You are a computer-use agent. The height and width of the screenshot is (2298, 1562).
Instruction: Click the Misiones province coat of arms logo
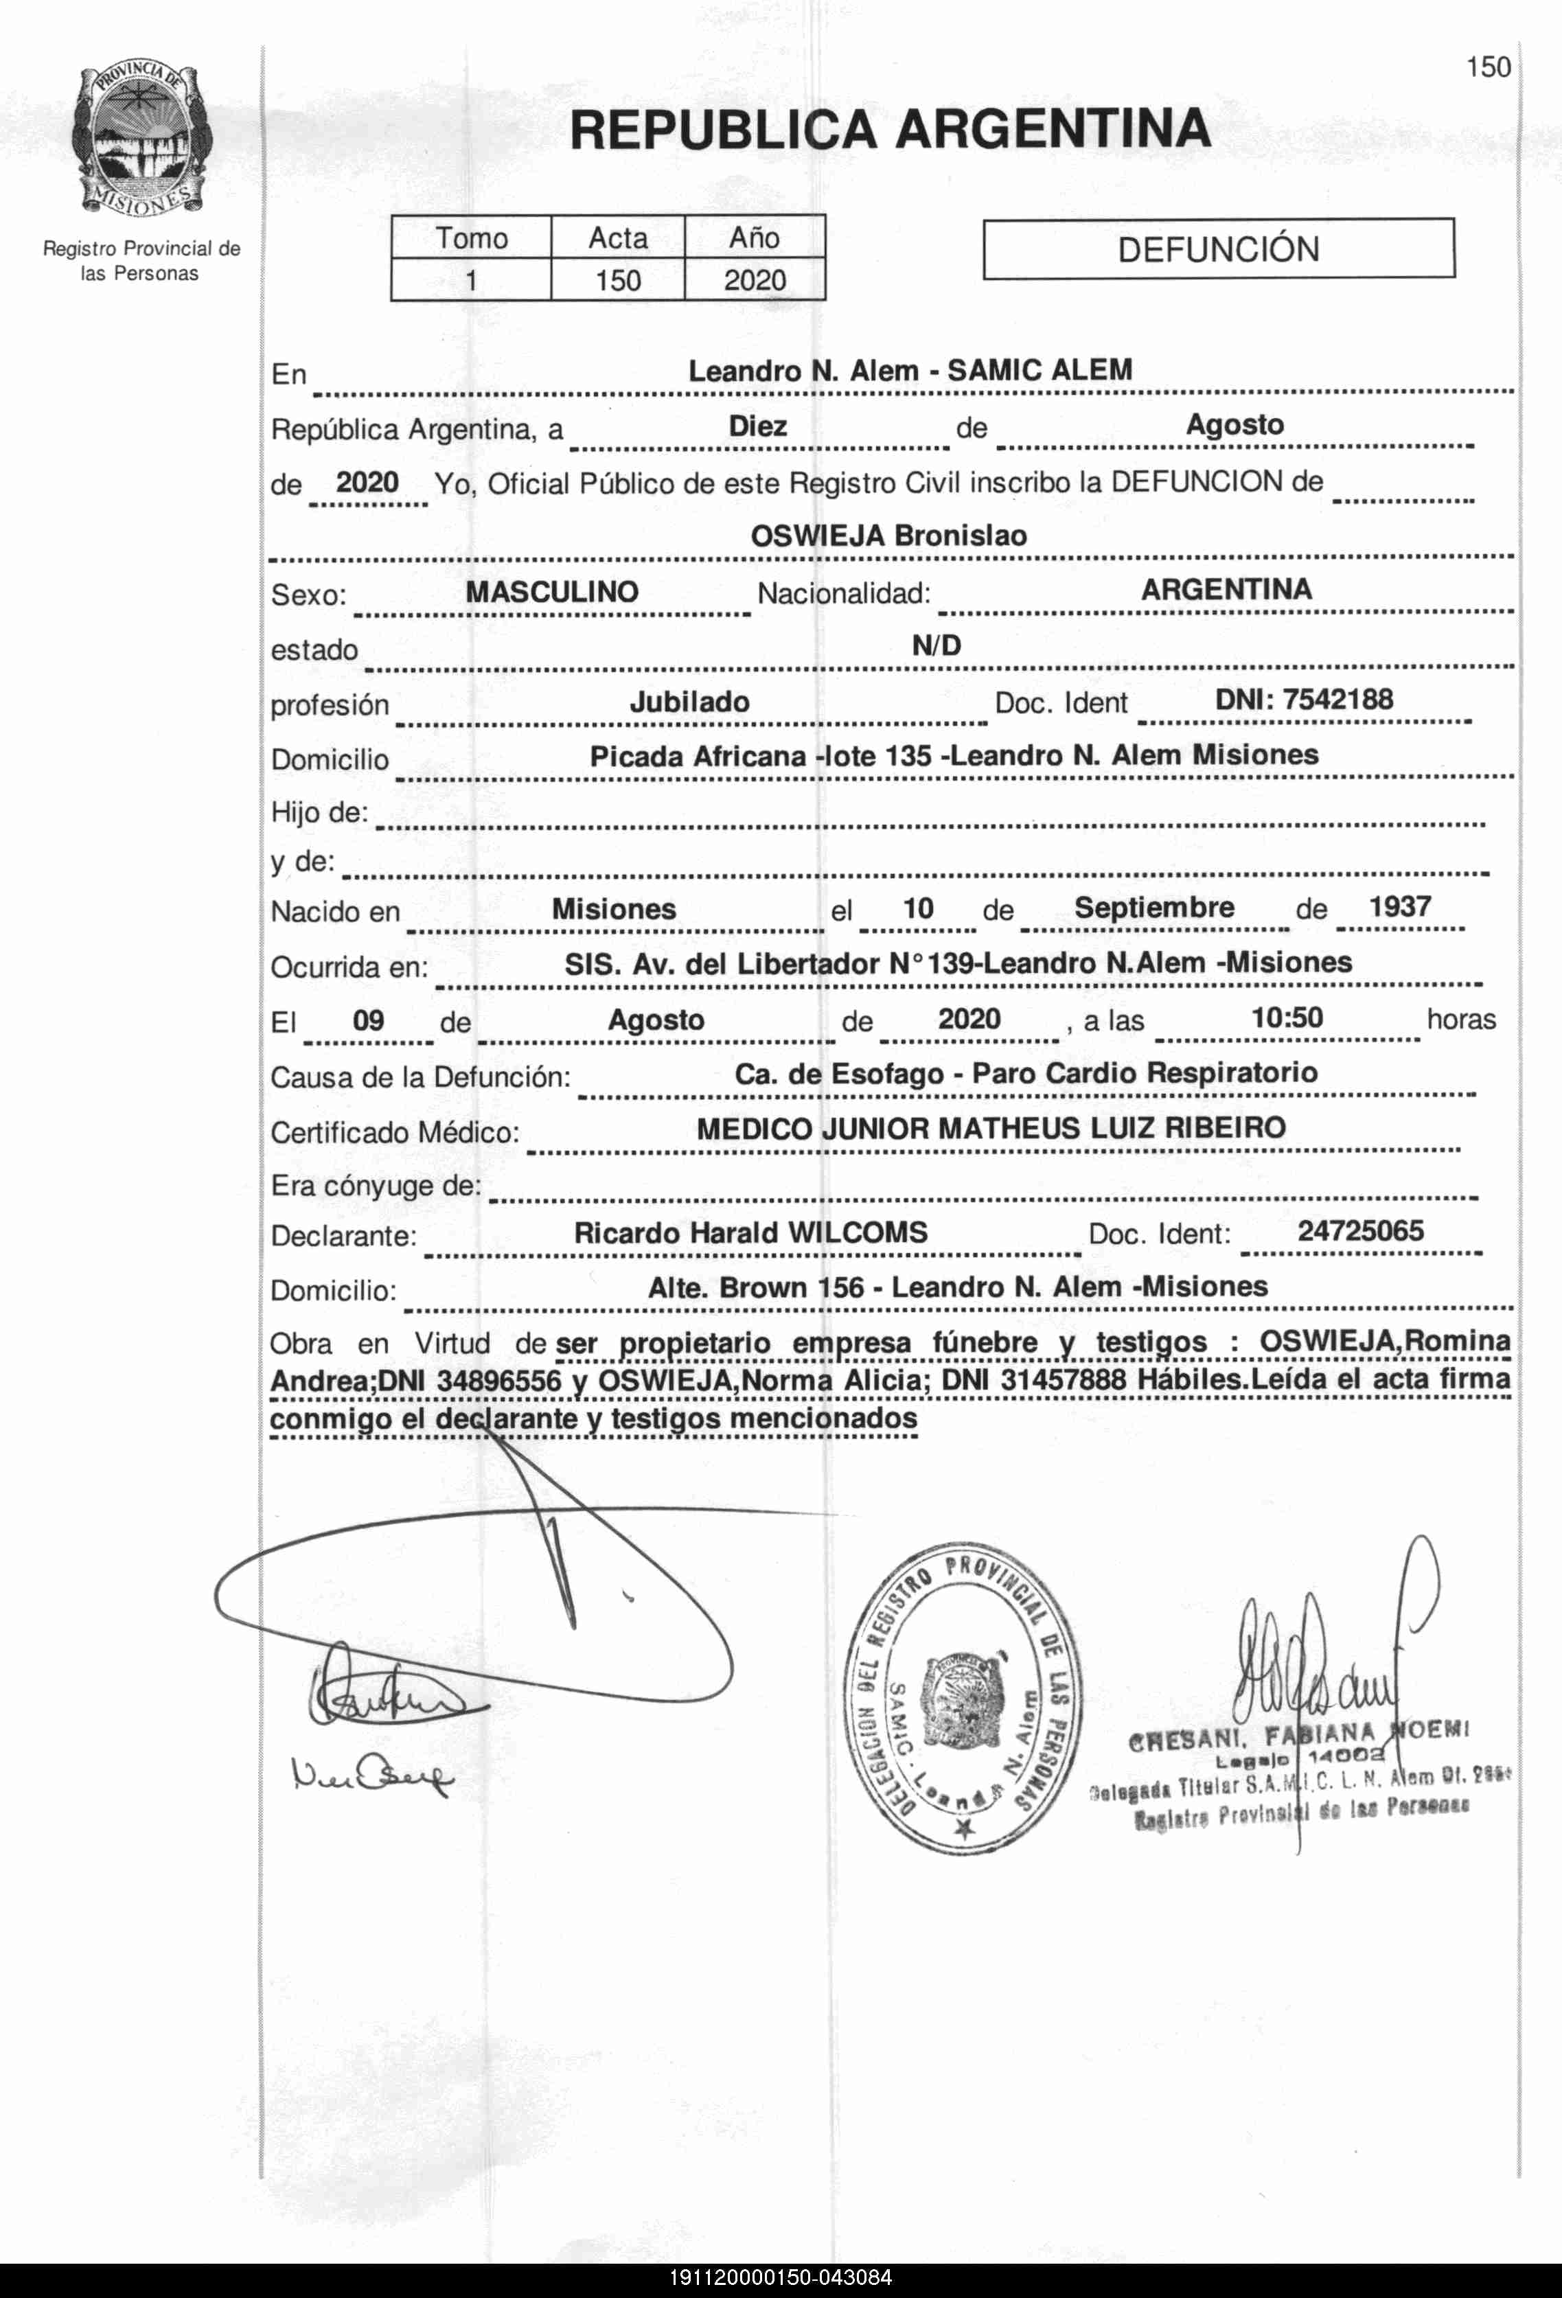pos(139,139)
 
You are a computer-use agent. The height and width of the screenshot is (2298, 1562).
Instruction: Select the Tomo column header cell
pos(472,238)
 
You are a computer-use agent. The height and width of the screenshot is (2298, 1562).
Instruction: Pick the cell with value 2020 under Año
pos(755,281)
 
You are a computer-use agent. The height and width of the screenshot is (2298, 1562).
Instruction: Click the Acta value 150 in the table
pos(618,281)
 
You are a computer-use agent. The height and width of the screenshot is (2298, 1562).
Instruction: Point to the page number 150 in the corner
pos(1488,67)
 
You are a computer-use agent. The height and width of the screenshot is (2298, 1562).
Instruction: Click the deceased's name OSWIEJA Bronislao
pos(888,536)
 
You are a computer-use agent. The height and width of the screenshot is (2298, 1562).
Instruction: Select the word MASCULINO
pos(551,593)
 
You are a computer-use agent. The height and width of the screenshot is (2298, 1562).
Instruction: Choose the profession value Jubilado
pos(689,702)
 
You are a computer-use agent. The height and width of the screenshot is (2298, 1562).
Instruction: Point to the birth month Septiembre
pos(1153,908)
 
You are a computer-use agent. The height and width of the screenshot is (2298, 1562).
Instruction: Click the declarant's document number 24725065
pos(1360,1231)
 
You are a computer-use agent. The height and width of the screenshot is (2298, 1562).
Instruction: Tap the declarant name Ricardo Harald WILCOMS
pos(750,1233)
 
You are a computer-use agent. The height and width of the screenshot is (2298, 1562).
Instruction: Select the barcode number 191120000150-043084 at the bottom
pos(781,2278)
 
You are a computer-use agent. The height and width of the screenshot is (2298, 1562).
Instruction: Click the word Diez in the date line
pos(757,426)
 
